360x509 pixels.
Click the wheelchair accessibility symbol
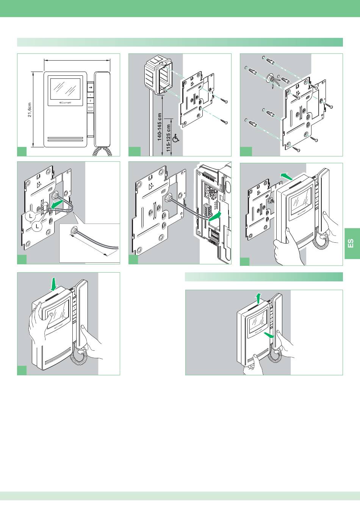[175, 139]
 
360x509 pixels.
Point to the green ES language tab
[351, 243]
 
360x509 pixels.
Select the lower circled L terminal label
[37, 226]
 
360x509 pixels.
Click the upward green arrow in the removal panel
[258, 298]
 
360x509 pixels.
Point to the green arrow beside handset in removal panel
[269, 334]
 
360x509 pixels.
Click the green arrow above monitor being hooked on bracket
[286, 175]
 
